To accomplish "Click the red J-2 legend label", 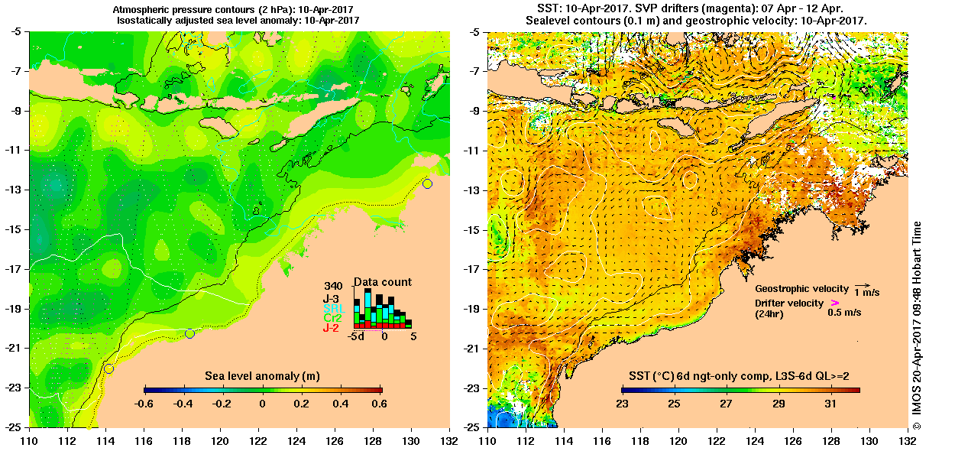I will [331, 328].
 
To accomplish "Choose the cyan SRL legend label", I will [332, 308].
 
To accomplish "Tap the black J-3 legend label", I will [332, 298].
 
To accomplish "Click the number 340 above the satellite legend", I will [333, 287].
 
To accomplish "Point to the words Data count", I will [383, 282].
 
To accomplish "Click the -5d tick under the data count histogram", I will [355, 336].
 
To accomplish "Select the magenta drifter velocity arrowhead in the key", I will [834, 303].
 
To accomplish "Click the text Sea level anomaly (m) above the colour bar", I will [262, 376].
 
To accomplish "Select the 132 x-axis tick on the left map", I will [449, 440].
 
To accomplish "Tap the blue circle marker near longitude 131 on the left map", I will [427, 183].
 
